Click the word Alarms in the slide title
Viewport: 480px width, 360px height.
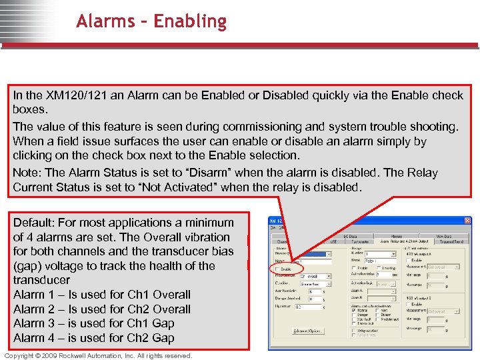(x=109, y=21)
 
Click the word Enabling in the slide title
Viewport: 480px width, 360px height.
(x=189, y=21)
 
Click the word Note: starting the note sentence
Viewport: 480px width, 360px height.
(x=29, y=173)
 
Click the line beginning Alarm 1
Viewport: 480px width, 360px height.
(x=101, y=295)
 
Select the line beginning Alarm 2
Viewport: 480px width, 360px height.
(x=101, y=309)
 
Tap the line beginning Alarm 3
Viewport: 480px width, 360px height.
(x=93, y=323)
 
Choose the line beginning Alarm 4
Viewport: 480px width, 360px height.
(x=93, y=338)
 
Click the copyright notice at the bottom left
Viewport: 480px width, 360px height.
(x=97, y=355)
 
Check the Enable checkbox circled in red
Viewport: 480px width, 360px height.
(x=278, y=269)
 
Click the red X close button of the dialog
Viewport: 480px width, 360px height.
(x=467, y=221)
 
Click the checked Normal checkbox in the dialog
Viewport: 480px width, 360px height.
(x=353, y=309)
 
